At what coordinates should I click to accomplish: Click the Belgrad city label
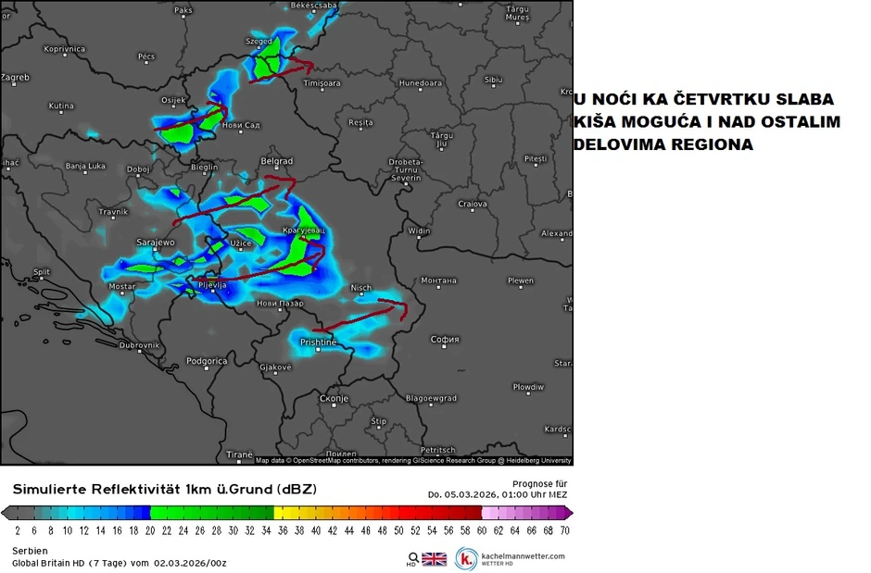pos(277,161)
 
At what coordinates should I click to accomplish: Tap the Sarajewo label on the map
pos(156,243)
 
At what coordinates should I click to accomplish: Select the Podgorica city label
pos(207,361)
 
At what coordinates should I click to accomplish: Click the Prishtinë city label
pos(318,343)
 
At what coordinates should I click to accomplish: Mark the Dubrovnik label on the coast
pos(140,345)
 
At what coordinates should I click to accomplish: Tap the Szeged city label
pos(259,42)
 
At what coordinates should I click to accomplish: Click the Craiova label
pos(473,204)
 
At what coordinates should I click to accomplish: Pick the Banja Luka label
pos(86,168)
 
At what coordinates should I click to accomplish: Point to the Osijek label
pos(174,100)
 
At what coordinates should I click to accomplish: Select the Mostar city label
pos(122,287)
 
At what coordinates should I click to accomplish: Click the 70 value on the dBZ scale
pos(564,530)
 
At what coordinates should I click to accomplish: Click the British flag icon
pos(434,559)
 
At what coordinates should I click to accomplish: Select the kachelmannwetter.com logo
pos(511,558)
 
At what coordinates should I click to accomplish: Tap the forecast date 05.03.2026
pos(473,494)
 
